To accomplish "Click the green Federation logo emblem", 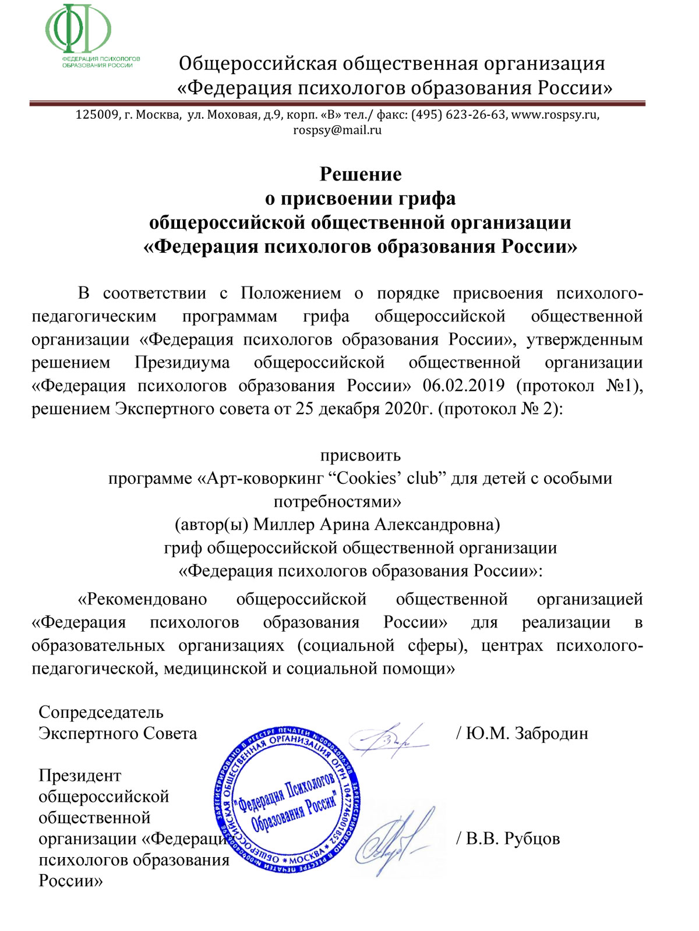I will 79,29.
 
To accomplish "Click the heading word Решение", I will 361,174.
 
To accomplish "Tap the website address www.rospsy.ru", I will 554,115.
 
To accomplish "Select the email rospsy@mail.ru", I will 337,130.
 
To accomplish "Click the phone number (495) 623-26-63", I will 458,115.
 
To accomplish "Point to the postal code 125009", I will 97,115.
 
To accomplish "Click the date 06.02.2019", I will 464,385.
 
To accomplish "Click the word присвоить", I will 361,455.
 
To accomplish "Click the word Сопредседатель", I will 101,712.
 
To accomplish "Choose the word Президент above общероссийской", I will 80,776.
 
